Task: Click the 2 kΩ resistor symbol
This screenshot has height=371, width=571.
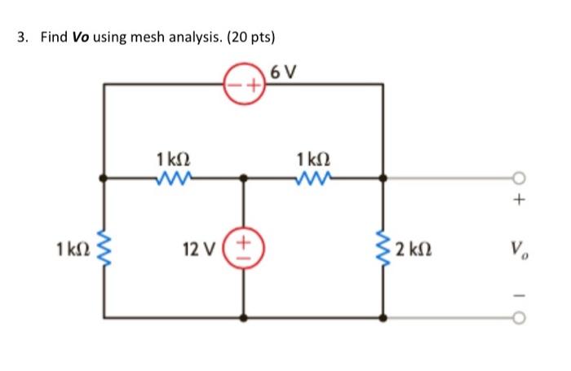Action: pos(383,247)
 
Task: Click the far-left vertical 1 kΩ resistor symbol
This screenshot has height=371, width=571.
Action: pos(103,247)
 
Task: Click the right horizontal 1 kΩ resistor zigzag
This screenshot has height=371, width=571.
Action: pos(315,174)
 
